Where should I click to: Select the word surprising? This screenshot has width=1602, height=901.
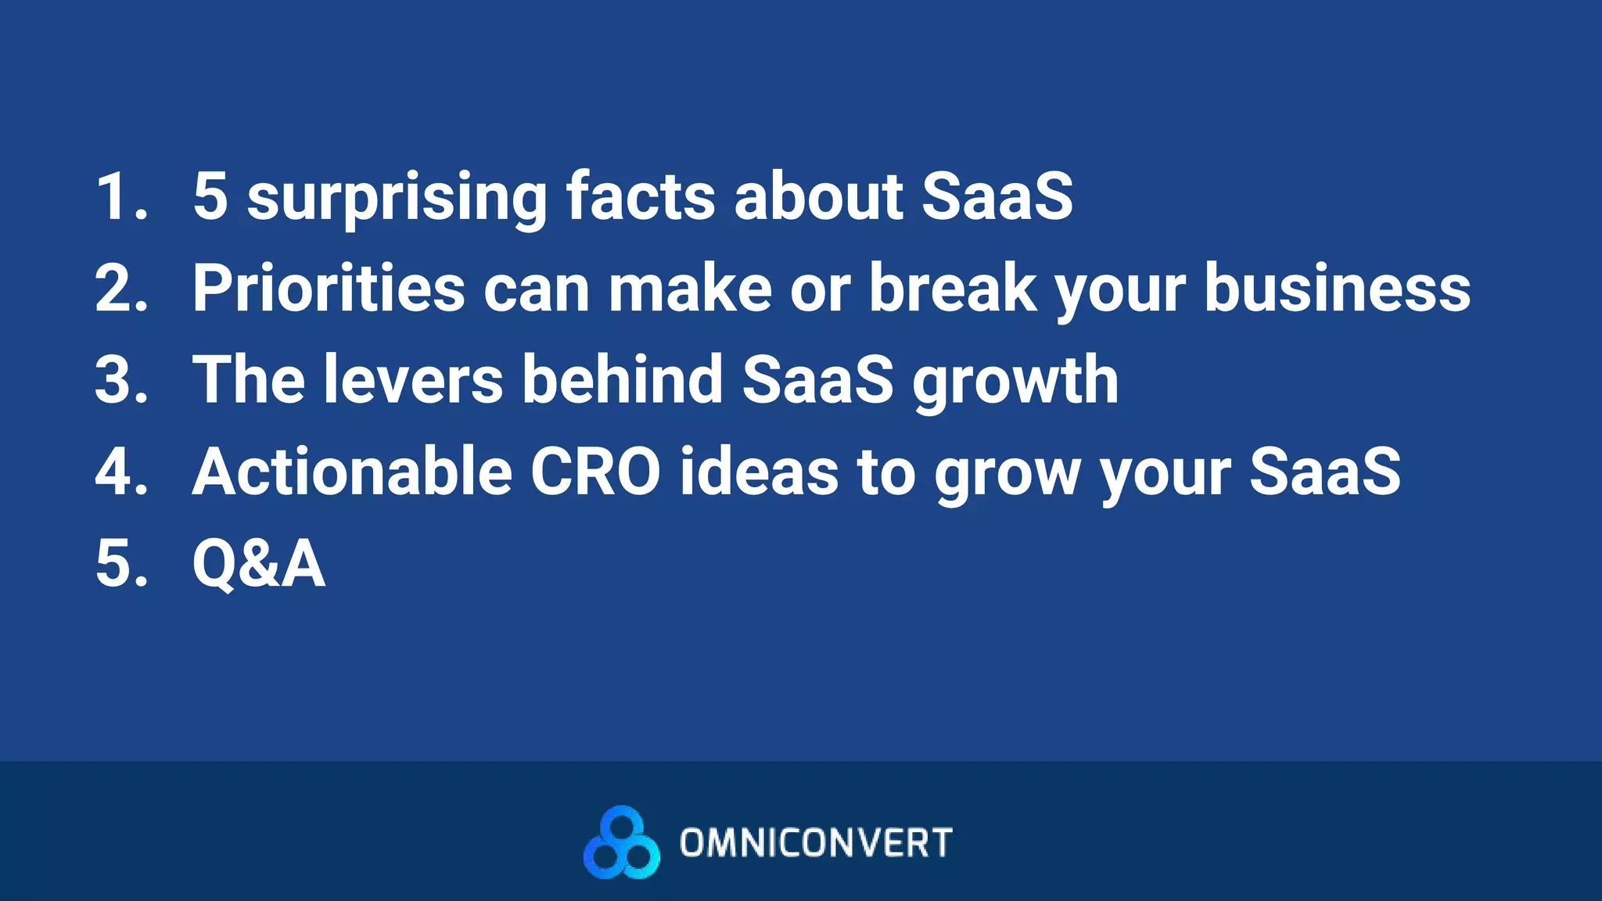tap(397, 197)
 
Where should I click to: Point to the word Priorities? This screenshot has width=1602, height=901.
tap(329, 288)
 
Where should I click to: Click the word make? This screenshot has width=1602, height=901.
tap(691, 288)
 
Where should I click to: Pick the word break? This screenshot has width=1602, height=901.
tap(953, 288)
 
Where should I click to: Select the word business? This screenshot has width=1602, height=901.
tap(1337, 288)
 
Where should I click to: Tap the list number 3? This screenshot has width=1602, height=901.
tap(121, 380)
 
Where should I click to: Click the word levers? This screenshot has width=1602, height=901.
tap(413, 380)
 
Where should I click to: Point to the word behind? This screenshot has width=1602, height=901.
tap(622, 380)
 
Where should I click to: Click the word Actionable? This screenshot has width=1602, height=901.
tap(352, 472)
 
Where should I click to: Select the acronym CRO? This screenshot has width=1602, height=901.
tap(595, 472)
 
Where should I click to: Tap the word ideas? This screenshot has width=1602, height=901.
tap(759, 472)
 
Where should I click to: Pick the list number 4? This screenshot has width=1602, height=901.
tap(121, 472)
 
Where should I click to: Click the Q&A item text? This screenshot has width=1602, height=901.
tap(258, 564)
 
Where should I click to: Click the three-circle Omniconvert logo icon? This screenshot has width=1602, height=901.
tap(621, 842)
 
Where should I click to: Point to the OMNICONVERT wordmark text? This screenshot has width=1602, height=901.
tap(816, 843)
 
